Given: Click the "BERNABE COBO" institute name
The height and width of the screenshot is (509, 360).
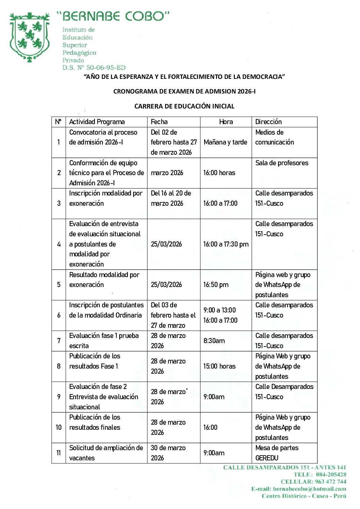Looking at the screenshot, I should pos(113,16).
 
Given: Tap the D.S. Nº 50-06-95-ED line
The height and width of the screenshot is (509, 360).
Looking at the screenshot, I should pos(94,68).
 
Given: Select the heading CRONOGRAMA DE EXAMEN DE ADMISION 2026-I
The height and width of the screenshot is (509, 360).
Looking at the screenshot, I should pos(184,91).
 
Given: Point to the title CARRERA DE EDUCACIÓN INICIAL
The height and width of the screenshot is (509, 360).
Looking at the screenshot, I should pos(184,106).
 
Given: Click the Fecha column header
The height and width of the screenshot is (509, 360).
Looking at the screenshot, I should pos(159,122).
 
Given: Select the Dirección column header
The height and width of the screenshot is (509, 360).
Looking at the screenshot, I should pos(268,122).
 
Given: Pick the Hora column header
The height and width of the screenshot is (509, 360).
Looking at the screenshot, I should pos(226,122).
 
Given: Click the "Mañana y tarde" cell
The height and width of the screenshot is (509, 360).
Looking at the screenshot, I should pos(225,142).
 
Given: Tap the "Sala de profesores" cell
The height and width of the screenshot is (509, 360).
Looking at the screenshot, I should pos(282,163).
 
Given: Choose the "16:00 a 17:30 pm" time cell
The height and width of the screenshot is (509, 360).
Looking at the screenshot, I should pos(226,244).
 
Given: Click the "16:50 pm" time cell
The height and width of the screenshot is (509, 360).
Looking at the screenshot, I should pos(216,285).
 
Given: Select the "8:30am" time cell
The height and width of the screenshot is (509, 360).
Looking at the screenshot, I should pos(214,341).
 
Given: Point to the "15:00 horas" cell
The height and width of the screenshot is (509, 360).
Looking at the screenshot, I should pos(219,366).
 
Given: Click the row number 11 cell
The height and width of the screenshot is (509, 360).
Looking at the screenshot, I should pos(59,453).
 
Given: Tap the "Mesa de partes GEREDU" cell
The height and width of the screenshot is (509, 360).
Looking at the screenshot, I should pos(277,453).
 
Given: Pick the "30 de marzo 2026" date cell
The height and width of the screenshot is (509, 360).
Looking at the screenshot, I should pos(168,453).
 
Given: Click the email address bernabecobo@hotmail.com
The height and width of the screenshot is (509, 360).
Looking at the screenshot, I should pos(309,489).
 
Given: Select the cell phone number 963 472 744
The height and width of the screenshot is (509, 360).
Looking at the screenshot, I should pos(330,481).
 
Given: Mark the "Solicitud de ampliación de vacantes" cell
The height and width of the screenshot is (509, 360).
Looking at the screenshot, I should pos(106,453).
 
